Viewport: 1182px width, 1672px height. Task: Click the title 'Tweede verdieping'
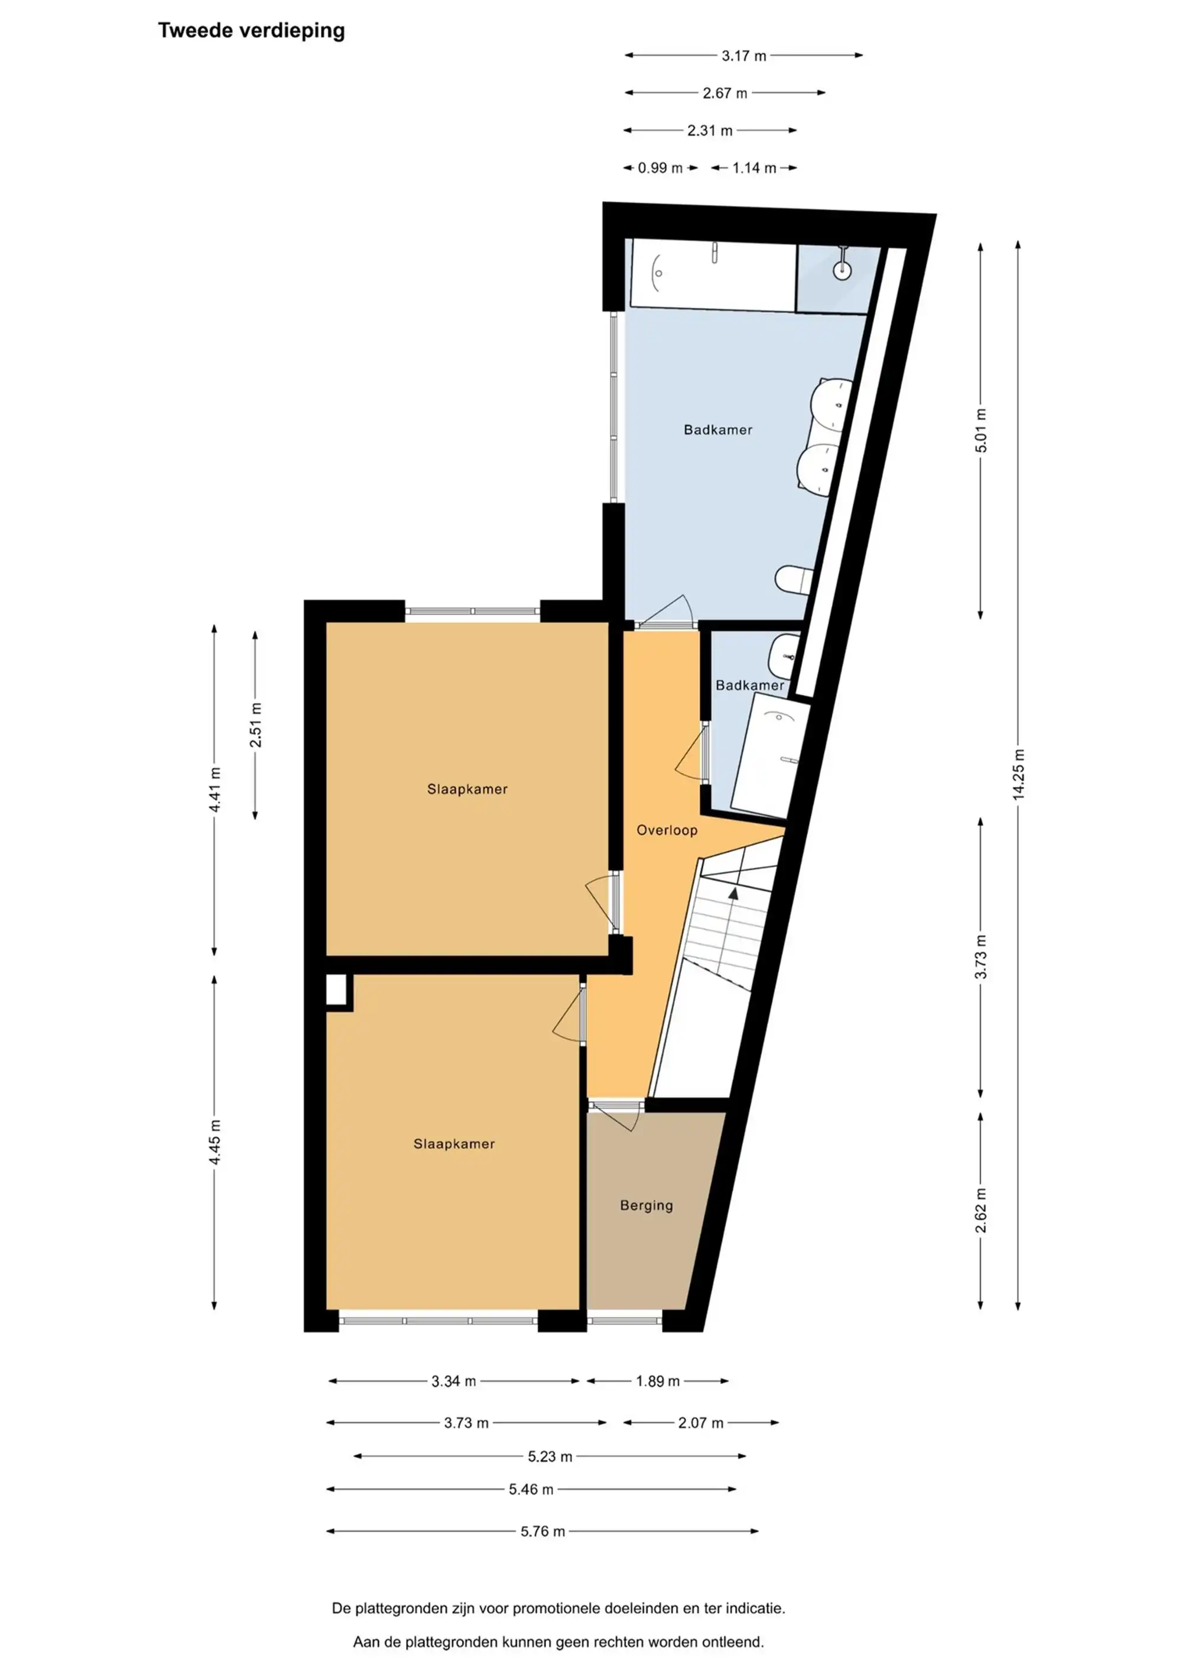251,31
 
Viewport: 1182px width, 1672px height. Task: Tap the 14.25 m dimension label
1018,774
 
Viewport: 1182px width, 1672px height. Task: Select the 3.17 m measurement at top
743,56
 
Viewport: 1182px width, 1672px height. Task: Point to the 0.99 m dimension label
660,168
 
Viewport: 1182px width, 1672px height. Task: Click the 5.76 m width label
542,1531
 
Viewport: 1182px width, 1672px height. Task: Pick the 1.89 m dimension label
657,1382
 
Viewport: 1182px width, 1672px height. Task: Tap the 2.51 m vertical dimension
255,725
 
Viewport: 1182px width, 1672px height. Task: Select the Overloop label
667,830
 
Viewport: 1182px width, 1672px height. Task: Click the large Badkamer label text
717,429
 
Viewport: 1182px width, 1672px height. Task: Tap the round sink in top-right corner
842,270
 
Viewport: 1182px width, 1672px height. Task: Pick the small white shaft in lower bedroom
336,991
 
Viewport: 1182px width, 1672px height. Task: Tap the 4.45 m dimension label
215,1142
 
